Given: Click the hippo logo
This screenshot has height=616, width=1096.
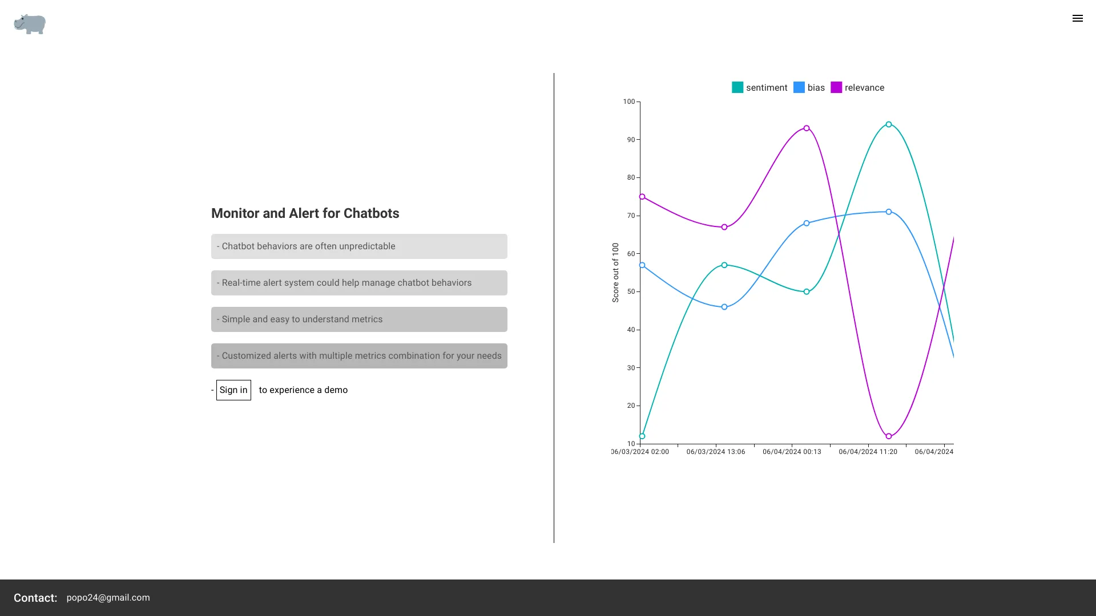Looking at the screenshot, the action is click(30, 24).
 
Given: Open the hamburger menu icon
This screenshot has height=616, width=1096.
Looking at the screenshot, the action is click(1077, 18).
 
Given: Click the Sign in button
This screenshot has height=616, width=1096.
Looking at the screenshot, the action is click(233, 390).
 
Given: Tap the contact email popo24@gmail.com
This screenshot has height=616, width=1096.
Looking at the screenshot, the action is click(108, 598).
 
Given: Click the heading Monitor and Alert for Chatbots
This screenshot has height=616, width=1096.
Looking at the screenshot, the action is click(305, 213).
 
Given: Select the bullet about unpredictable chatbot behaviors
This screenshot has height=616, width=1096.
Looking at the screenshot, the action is click(359, 246).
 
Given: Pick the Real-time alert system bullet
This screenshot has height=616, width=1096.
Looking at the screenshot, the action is click(359, 283).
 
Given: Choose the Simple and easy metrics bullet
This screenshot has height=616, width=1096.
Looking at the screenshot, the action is click(359, 319).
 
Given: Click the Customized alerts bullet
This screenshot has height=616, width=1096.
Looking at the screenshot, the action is click(359, 356).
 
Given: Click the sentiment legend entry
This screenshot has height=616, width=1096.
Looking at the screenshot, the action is click(759, 87).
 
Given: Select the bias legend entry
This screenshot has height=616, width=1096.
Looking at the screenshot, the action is click(809, 87).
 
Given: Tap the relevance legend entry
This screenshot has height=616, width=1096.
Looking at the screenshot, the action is click(857, 87).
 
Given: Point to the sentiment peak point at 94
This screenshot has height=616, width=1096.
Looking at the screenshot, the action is click(889, 124).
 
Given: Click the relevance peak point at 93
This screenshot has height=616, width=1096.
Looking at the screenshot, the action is click(807, 128).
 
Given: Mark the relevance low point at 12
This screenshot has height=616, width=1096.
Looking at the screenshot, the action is click(889, 436).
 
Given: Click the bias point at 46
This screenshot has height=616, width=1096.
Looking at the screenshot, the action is click(724, 307).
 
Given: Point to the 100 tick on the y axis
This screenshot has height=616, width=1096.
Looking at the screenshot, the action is click(628, 102).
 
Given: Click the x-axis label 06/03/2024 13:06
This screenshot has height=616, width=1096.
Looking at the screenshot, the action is click(716, 452).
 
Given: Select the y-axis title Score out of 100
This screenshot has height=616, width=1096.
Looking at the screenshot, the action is click(615, 273).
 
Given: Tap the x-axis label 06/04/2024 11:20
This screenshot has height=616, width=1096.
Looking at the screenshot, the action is click(868, 452).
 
